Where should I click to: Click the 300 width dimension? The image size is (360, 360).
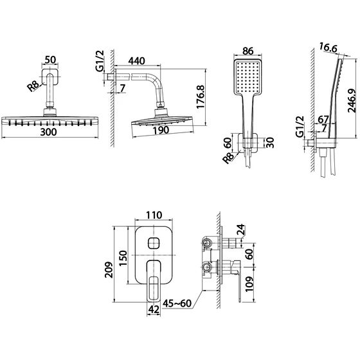point(48,132)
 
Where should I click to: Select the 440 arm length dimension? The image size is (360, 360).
point(136,61)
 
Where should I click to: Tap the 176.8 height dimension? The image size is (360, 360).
point(201,96)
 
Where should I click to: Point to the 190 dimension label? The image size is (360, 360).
point(161,130)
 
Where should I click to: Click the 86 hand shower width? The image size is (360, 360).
point(248,51)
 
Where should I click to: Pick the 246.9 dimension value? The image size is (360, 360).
point(352,100)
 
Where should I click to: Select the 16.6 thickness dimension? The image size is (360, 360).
point(328,48)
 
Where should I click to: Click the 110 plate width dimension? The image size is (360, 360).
point(154,215)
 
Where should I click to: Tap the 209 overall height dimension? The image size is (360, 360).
point(109,270)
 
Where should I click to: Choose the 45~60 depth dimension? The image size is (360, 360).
point(177,303)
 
